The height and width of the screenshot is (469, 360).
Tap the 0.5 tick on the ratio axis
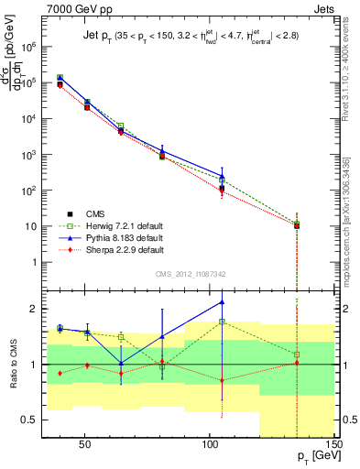[x=29, y=420]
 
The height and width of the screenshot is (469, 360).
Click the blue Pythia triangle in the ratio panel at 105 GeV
[x=222, y=301]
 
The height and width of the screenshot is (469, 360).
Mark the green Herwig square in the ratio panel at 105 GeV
[x=222, y=322]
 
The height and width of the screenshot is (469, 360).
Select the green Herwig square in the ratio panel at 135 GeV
[x=296, y=354]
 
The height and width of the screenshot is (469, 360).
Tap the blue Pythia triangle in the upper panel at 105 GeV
[x=222, y=175]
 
